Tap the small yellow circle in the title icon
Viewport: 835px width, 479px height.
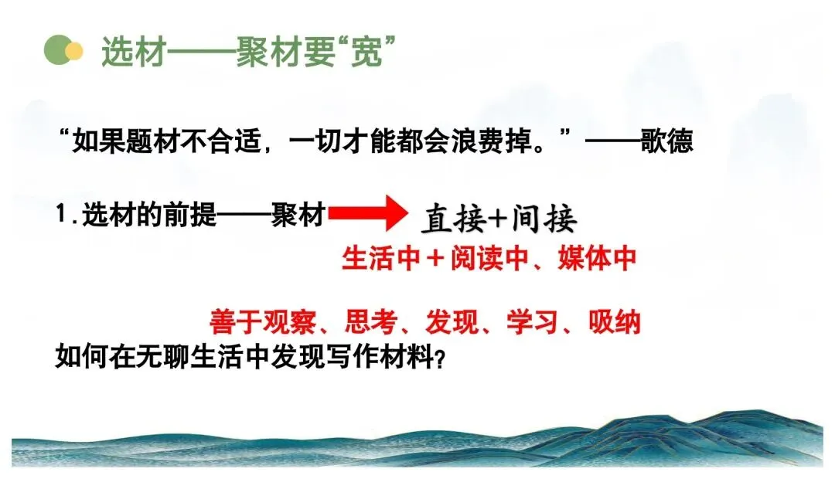(x=74, y=51)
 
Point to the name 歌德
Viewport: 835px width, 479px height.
(x=666, y=141)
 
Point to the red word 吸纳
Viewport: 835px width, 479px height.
(x=614, y=321)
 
